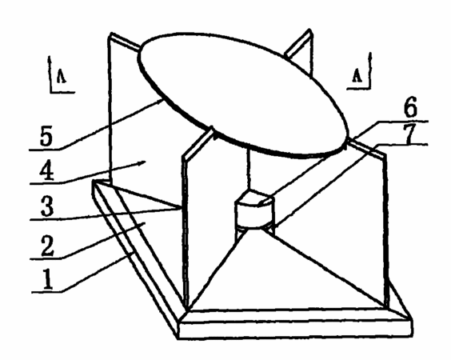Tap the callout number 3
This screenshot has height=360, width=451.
47,206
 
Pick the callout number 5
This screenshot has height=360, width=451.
46,135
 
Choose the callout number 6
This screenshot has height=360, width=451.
410,106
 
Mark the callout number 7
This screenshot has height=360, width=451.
410,133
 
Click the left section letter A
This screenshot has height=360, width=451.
62,76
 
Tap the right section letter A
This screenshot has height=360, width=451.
357,76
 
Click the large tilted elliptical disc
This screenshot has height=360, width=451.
245,95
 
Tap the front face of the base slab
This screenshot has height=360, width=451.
295,330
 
